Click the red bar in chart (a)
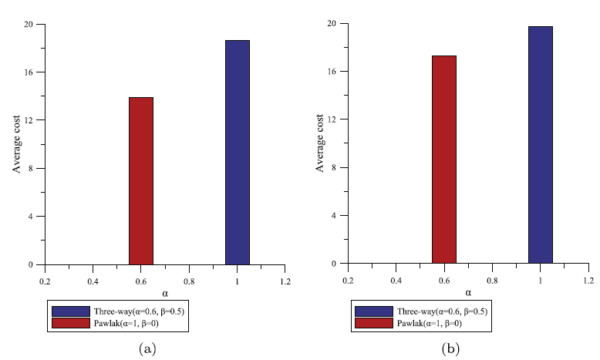point(140,181)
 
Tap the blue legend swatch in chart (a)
point(66,311)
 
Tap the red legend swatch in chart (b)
point(369,323)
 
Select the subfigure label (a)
point(146,349)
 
